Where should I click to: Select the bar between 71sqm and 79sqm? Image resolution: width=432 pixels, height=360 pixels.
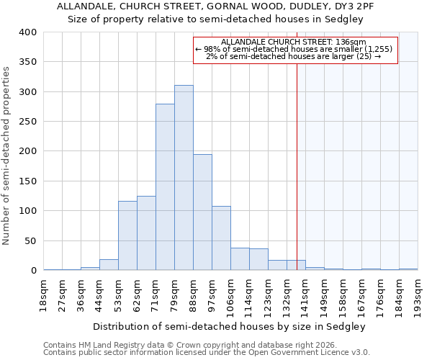165,187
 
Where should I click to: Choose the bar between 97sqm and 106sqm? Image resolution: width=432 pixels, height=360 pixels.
221,238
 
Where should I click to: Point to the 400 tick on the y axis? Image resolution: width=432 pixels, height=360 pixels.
27,32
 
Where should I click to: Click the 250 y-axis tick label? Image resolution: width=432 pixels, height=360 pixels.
27,122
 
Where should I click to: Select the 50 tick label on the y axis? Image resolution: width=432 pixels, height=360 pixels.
30,240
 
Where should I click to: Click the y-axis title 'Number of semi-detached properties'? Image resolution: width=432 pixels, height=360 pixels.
7,156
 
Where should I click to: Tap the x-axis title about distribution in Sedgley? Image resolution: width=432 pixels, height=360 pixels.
230,326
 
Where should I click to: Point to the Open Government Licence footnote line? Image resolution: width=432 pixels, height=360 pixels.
207,353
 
